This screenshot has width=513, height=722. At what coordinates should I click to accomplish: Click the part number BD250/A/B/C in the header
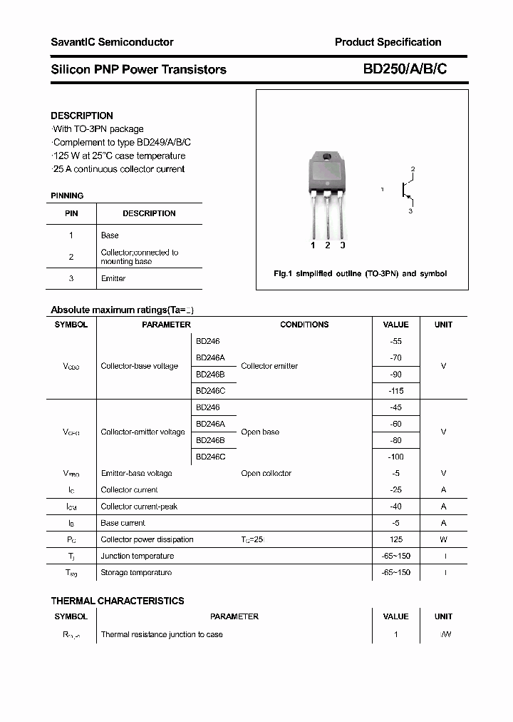click(405, 69)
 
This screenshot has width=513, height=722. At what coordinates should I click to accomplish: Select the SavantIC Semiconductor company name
click(112, 42)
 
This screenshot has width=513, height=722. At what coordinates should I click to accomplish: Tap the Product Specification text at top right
click(388, 42)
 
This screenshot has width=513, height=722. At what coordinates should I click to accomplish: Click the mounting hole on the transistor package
click(327, 157)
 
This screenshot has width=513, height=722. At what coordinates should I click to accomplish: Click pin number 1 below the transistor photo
click(313, 245)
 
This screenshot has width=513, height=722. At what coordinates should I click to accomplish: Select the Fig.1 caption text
click(361, 274)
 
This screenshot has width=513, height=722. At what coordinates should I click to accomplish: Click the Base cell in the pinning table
click(110, 235)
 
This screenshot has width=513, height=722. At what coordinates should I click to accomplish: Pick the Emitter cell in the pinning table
click(113, 278)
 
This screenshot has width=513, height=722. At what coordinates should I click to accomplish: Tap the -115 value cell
click(396, 391)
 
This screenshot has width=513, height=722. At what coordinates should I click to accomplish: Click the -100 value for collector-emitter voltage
click(396, 457)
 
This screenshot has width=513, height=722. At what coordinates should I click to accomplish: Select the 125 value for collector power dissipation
click(396, 539)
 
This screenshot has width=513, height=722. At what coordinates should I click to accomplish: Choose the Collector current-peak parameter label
click(139, 507)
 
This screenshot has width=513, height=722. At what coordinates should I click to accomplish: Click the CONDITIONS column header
click(304, 325)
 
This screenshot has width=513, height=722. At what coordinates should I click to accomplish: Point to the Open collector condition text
click(266, 474)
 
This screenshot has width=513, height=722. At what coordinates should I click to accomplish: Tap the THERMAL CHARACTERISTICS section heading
click(118, 601)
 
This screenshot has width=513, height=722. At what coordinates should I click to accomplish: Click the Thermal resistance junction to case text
click(162, 634)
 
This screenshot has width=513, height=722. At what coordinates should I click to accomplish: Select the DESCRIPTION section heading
click(82, 116)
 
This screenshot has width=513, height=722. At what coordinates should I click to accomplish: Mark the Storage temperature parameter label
click(136, 572)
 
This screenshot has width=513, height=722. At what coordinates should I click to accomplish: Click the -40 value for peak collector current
click(396, 507)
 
